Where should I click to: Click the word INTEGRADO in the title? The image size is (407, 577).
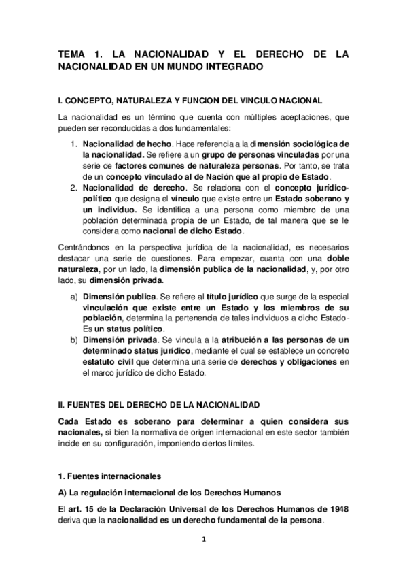(x=227, y=68)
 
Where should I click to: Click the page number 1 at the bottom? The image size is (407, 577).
(x=203, y=540)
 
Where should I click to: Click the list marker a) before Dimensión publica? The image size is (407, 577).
(x=74, y=297)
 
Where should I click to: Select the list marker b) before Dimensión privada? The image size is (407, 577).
(x=74, y=340)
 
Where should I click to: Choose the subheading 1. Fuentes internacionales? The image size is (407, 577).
(x=109, y=470)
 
